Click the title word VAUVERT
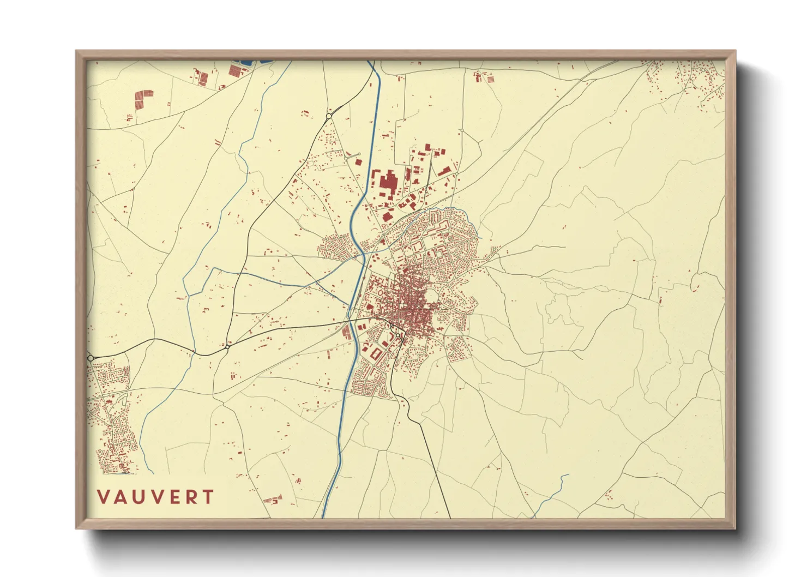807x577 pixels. tap(155, 497)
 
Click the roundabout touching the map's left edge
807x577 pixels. tap(91, 358)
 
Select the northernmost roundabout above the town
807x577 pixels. tap(329, 116)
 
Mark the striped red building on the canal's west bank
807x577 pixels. tap(347, 330)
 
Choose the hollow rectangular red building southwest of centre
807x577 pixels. tap(376, 353)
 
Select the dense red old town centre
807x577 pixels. tap(412, 305)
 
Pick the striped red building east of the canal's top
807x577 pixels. tap(490, 79)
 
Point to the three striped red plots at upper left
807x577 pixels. tap(143, 100)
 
